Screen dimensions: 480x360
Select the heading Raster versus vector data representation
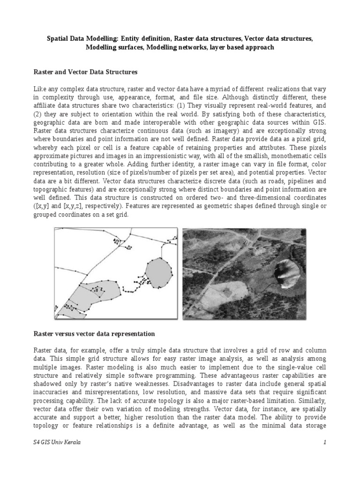click(x=94, y=334)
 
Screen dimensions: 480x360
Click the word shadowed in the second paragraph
click(x=48, y=384)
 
